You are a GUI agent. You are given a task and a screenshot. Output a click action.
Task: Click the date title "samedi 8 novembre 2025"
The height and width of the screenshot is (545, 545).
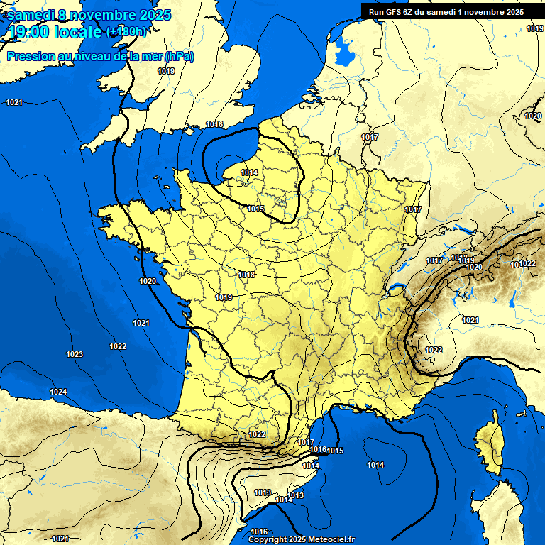click(89, 15)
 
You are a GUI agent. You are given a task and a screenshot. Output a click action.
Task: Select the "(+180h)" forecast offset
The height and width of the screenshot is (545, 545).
click(126, 32)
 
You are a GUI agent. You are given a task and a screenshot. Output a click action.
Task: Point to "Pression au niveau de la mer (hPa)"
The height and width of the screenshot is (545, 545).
click(100, 56)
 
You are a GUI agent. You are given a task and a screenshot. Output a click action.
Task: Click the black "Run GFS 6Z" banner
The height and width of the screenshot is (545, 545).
click(446, 11)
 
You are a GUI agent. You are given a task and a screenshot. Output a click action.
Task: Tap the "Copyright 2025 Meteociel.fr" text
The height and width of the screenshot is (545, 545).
click(301, 539)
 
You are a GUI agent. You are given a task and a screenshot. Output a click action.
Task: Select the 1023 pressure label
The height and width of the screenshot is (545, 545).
click(75, 354)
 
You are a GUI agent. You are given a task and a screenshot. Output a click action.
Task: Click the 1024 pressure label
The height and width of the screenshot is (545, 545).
click(58, 392)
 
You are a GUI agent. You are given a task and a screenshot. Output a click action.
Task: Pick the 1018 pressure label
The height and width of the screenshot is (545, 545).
click(246, 275)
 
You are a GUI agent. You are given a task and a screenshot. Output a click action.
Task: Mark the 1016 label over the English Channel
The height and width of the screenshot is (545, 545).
click(214, 124)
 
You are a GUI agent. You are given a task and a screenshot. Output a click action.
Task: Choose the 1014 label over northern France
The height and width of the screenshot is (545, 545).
click(249, 172)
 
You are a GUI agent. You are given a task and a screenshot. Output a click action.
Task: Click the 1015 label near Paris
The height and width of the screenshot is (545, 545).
click(256, 209)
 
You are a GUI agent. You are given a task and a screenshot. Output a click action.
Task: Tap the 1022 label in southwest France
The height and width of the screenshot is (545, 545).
click(257, 434)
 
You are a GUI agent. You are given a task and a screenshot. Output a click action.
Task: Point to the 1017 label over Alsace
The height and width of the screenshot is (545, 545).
click(413, 209)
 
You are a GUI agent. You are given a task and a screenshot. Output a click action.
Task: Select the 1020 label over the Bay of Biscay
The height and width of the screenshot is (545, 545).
click(148, 281)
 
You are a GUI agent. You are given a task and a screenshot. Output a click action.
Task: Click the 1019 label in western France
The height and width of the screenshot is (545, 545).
click(224, 297)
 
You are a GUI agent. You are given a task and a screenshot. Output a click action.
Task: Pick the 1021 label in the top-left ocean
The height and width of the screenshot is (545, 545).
click(14, 103)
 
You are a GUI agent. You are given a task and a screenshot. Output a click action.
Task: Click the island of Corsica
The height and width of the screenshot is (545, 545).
click(488, 444)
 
